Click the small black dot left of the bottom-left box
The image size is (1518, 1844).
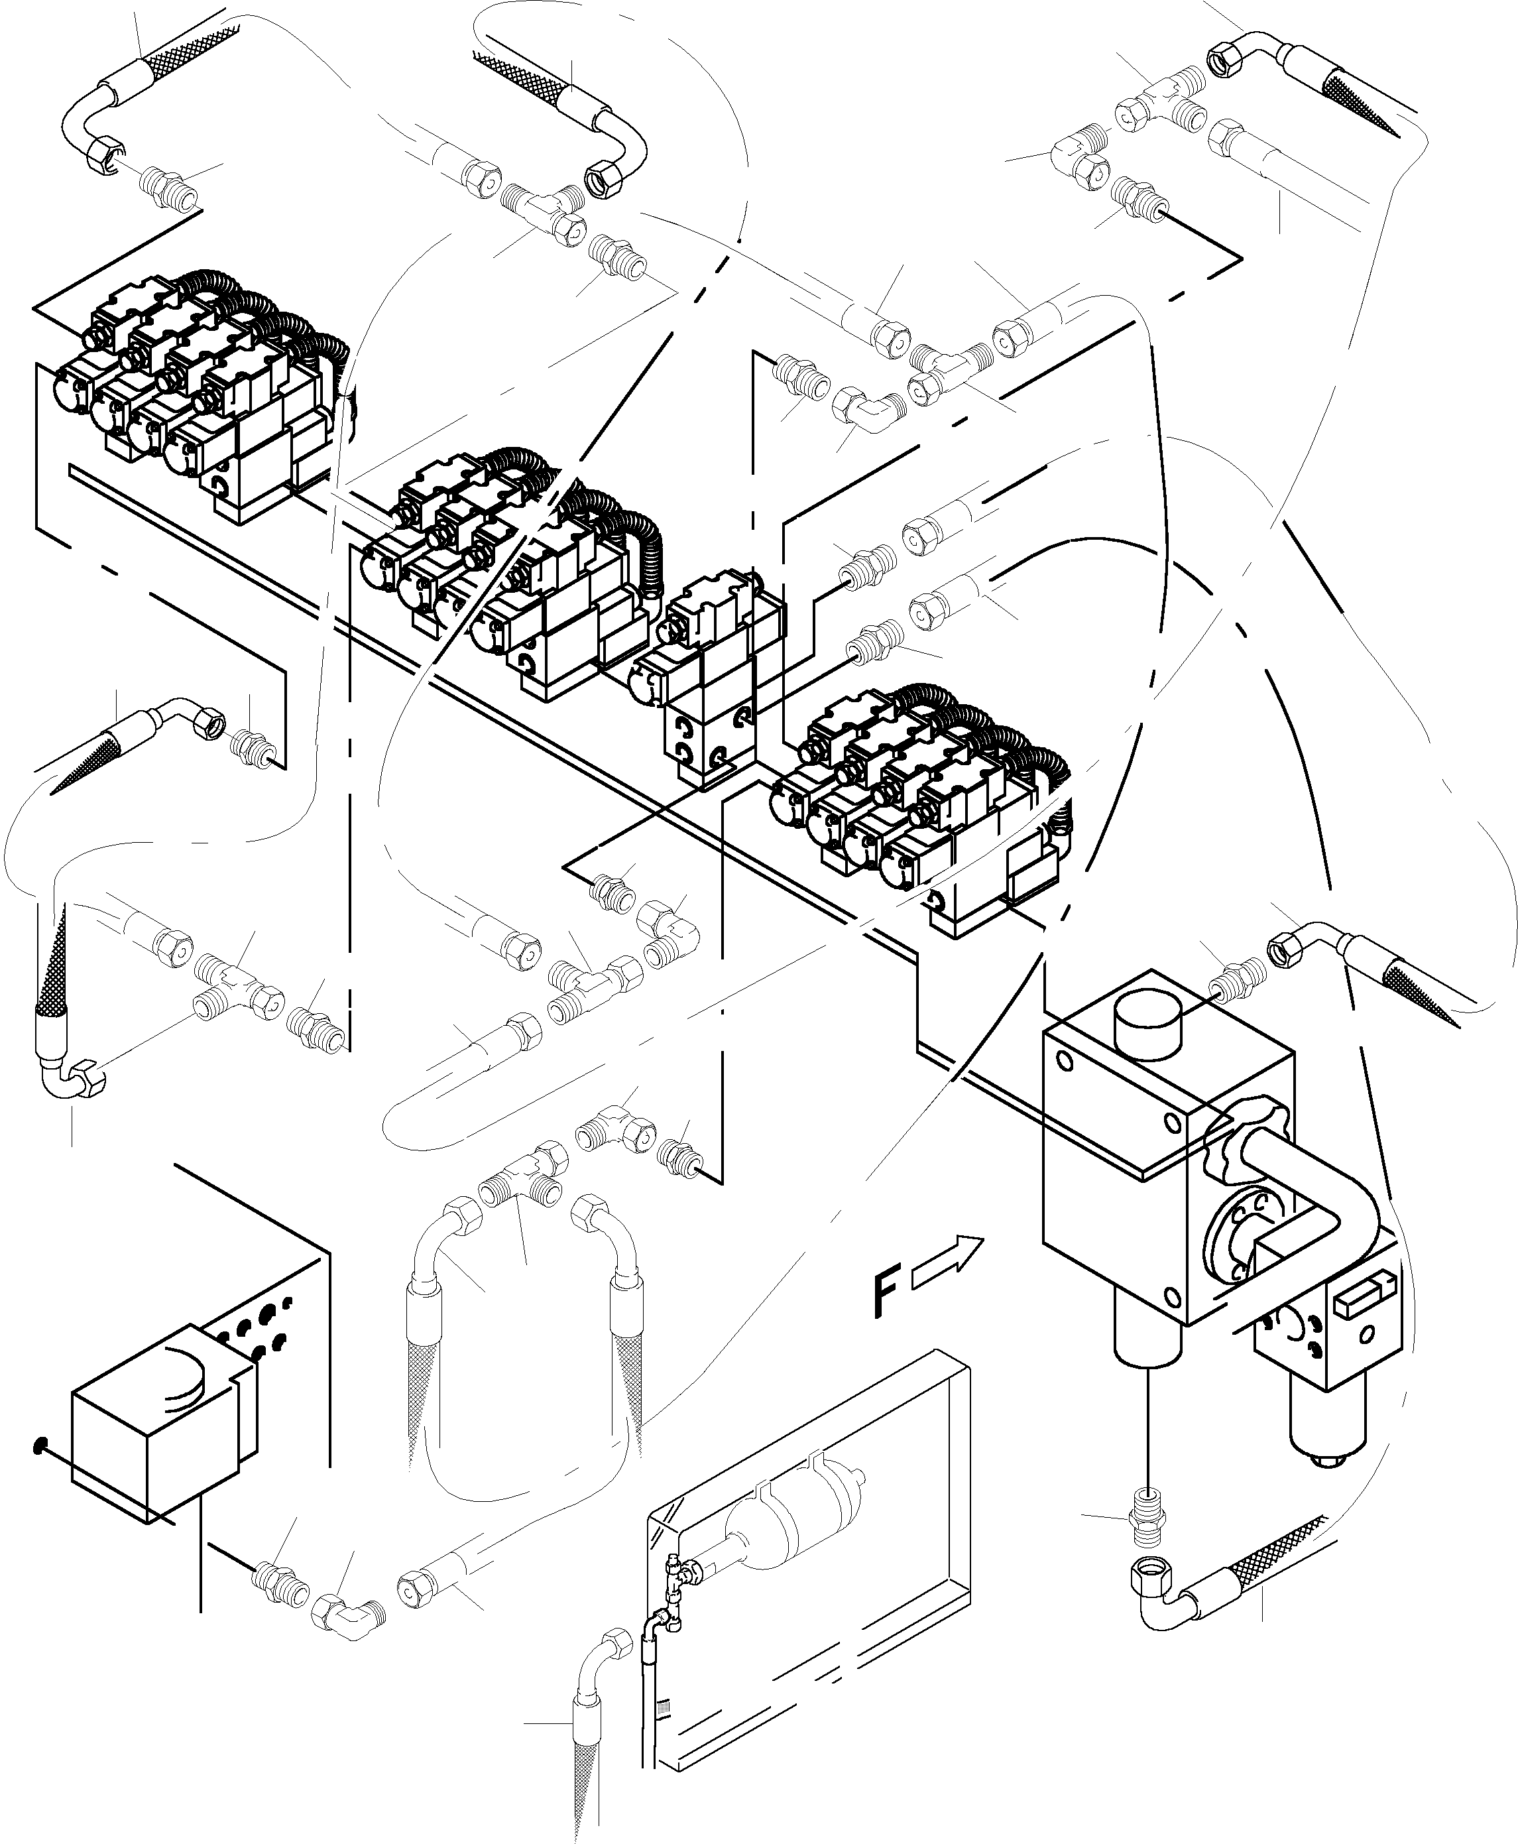click(38, 1447)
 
